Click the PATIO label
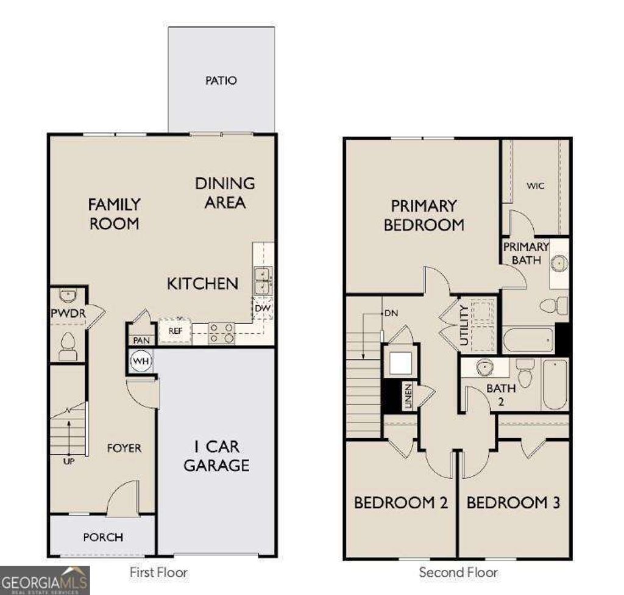pos(221,81)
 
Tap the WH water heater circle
pos(141,361)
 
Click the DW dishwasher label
pos(263,309)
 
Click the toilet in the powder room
pos(68,347)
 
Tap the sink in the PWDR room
pos(68,296)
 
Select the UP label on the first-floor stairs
pos(68,461)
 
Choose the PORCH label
pos(103,537)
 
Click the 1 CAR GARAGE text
pos(216,456)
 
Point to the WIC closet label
pos(536,186)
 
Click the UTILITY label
pos(465,325)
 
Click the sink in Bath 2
pos(484,367)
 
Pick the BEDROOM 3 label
pos(513,503)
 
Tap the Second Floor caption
pos(458,572)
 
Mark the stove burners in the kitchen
pos(222,332)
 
